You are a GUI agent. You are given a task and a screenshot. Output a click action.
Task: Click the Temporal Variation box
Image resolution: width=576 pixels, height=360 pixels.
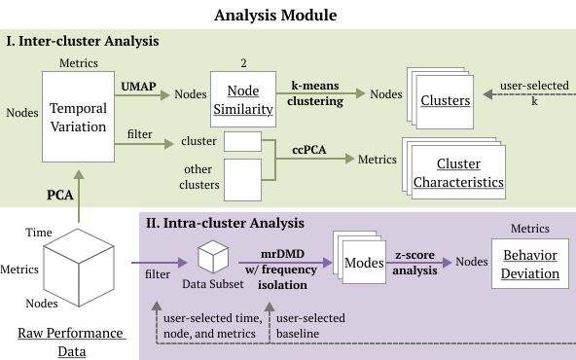click(78, 117)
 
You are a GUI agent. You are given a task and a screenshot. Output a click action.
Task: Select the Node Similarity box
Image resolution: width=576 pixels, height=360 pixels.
click(243, 99)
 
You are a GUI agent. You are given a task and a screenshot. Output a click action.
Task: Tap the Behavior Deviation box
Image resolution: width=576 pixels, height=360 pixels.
click(530, 264)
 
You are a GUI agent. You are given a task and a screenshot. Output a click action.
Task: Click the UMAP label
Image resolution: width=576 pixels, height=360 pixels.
click(138, 87)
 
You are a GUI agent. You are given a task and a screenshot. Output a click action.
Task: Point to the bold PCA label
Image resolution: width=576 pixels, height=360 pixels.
click(60, 195)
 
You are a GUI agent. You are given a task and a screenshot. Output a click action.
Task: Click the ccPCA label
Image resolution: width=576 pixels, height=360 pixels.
click(309, 150)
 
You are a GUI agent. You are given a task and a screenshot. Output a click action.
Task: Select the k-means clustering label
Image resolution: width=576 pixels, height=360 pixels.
click(315, 93)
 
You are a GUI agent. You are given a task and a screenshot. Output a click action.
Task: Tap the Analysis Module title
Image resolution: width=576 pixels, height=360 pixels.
click(275, 15)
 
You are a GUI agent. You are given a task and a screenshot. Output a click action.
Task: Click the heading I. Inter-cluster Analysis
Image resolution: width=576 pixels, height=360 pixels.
click(83, 41)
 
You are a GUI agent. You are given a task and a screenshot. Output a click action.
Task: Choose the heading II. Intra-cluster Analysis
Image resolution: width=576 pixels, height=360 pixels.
click(225, 223)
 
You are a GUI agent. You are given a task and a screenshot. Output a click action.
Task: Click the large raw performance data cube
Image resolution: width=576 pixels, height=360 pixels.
click(79, 268)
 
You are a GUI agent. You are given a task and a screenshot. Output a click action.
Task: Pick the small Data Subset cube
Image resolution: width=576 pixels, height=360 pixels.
click(213, 257)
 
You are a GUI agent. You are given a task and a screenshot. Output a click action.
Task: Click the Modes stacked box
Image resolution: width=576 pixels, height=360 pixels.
click(364, 263)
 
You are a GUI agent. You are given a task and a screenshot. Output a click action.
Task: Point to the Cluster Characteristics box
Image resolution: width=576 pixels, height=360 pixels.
click(458, 172)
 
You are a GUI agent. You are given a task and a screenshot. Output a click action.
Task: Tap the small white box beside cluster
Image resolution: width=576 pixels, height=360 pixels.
click(243, 141)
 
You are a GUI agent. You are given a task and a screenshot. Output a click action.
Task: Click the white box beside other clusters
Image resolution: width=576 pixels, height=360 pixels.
click(243, 180)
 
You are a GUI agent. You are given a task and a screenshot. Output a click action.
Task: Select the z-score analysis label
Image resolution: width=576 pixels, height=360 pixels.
click(414, 263)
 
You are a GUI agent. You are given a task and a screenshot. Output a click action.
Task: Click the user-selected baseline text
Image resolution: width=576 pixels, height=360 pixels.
click(310, 326)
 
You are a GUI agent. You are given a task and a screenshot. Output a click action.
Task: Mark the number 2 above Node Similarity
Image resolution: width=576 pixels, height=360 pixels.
click(243, 63)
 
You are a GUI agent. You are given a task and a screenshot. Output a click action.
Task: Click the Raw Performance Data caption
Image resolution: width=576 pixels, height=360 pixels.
click(72, 342)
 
